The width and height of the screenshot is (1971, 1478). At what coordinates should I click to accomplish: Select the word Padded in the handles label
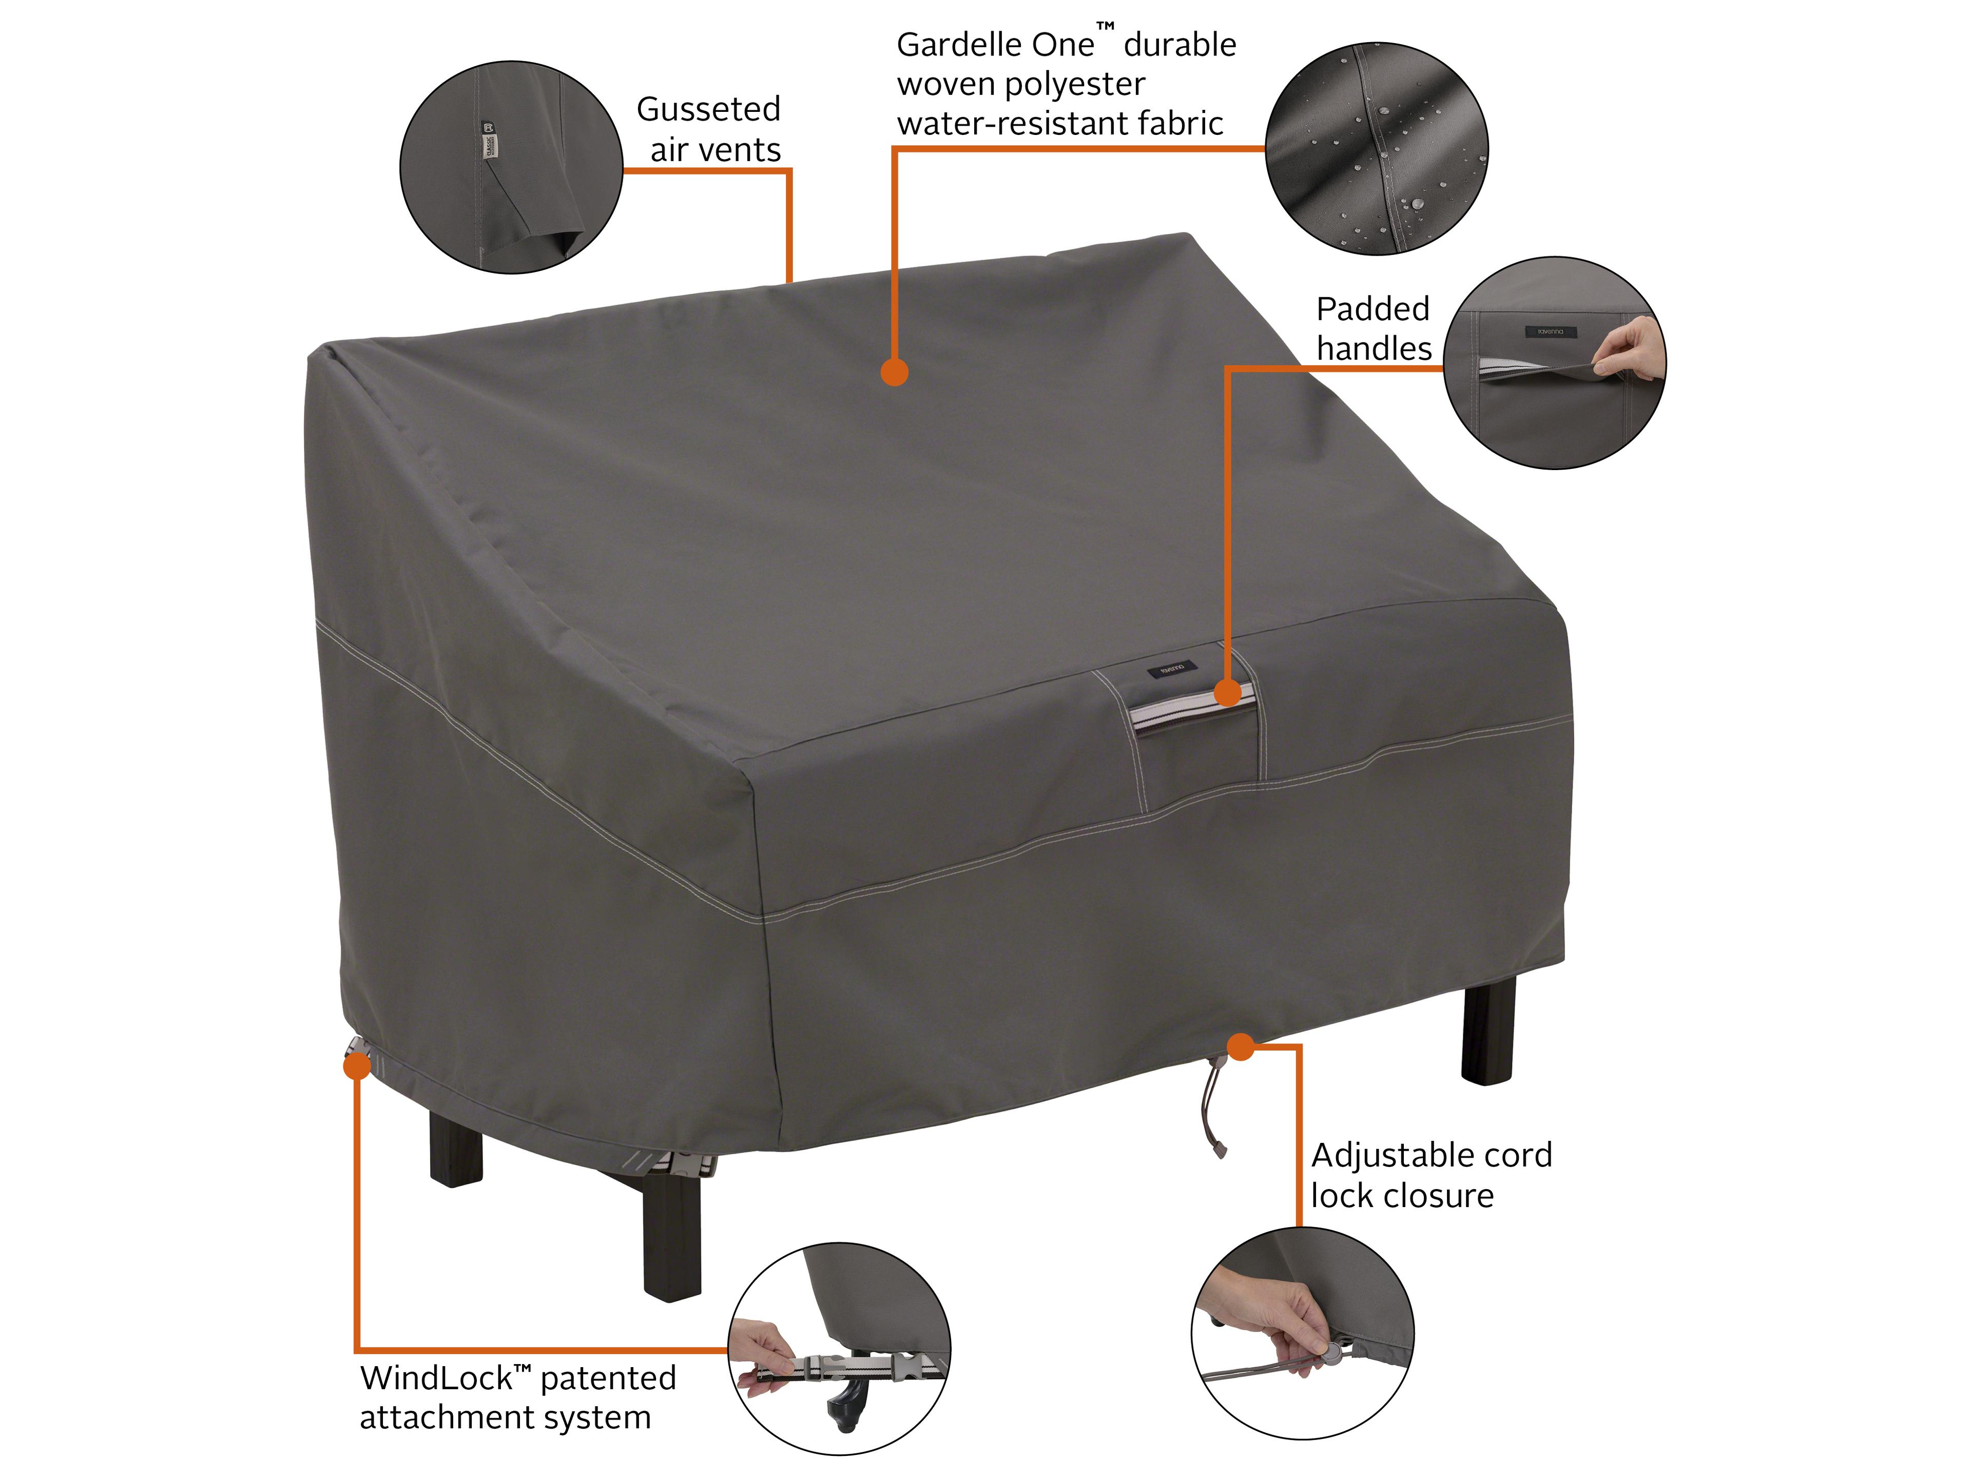point(1372,309)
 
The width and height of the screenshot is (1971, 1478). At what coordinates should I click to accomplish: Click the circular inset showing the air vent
point(511,167)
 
